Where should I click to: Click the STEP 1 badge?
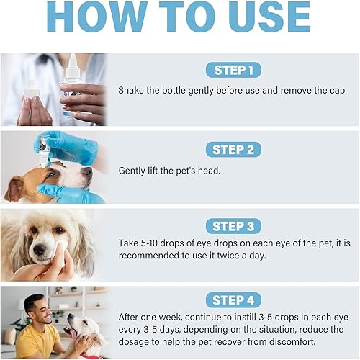pos(233,70)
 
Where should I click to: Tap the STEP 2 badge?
pos(233,149)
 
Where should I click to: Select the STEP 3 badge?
pos(233,226)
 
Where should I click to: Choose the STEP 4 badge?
pos(233,300)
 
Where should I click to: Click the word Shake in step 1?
pos(133,91)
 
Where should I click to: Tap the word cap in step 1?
pos(333,91)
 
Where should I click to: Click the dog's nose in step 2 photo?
pos(87,172)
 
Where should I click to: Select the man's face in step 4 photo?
pos(40,312)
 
